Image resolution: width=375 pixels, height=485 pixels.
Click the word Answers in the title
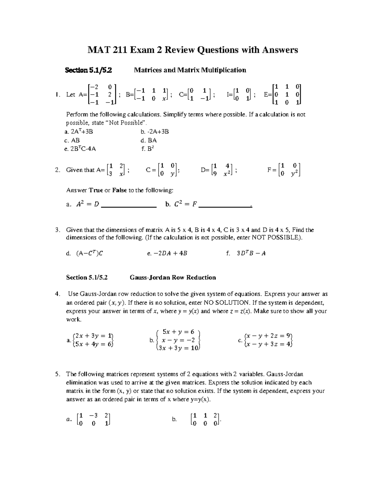coord(278,50)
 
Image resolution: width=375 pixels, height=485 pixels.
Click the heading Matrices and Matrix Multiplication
coord(190,70)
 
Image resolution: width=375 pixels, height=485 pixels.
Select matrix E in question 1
coord(287,94)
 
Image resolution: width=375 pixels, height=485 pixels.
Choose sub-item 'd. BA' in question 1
coord(149,140)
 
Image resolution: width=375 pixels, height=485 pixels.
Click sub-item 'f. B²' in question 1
coord(147,149)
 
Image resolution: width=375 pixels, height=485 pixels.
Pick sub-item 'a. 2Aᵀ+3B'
coord(78,131)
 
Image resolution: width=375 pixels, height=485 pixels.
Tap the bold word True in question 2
coord(96,190)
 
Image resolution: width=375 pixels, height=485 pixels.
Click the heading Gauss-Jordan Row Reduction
coord(172,277)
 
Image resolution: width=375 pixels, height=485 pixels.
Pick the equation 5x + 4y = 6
coord(92,344)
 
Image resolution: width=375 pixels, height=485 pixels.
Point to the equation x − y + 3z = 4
coord(268,344)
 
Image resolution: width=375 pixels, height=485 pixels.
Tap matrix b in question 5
coord(205,419)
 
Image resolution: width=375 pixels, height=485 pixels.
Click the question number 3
coord(57,230)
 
